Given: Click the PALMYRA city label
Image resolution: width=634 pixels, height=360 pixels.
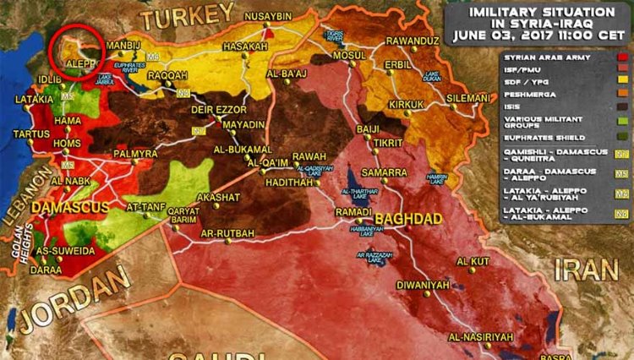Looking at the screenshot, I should click(x=134, y=154).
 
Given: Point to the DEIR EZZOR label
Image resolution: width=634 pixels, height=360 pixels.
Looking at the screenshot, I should click(x=220, y=109).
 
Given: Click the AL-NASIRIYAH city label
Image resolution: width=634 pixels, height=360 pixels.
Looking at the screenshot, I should click(x=481, y=338).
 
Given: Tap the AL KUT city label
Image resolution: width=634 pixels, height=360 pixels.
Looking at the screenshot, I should click(x=473, y=261).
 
